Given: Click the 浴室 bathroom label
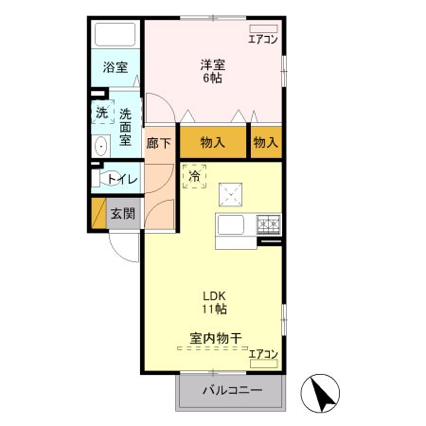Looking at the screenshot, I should [116, 68].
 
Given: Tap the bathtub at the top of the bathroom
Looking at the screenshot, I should [116, 36].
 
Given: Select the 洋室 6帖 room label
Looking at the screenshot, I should [212, 71].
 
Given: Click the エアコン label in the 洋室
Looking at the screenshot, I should [262, 40].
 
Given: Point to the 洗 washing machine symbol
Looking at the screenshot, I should [101, 113].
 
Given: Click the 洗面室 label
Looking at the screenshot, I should [125, 127].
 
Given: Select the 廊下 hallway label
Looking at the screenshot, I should [158, 143].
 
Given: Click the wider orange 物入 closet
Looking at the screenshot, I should [213, 143].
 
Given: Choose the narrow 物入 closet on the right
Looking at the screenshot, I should [266, 143].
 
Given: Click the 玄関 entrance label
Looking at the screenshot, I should [122, 213].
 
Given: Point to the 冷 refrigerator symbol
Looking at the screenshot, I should [194, 175].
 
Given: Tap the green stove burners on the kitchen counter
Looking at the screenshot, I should [270, 225].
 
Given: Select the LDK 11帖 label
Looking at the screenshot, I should [212, 301].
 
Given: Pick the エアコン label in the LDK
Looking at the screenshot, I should [263, 354].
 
